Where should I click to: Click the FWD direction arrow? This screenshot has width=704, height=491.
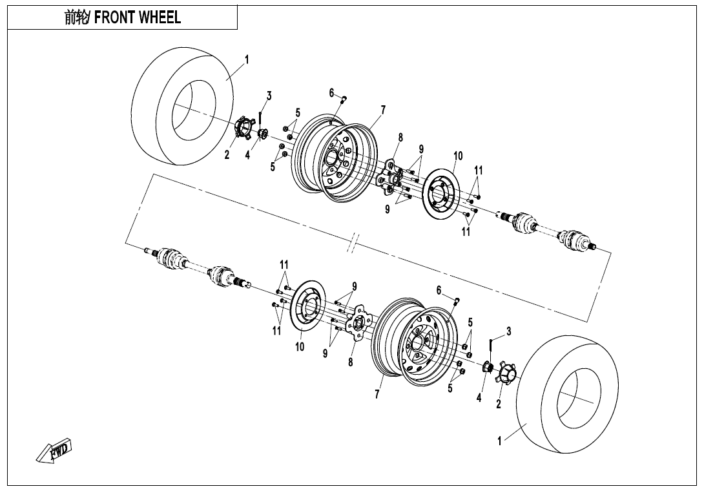[54, 450]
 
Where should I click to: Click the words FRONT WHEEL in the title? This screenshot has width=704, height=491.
[138, 17]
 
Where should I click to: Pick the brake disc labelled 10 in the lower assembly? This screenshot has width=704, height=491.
[308, 308]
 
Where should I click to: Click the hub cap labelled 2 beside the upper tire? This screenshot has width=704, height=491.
[241, 127]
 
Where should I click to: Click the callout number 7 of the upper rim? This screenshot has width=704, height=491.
[383, 110]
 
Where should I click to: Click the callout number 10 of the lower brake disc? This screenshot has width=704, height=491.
[300, 347]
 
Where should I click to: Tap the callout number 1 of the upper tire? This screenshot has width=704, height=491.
[247, 59]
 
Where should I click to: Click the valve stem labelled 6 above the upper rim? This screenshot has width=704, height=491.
[344, 98]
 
